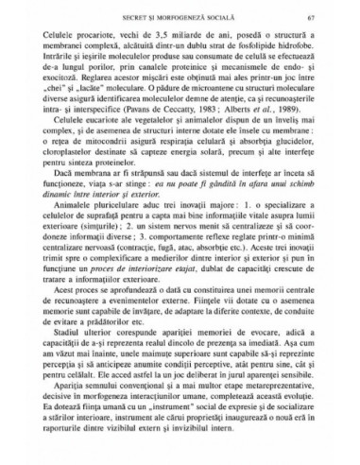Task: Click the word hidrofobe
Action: point(293,46)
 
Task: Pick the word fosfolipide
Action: point(249,46)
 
